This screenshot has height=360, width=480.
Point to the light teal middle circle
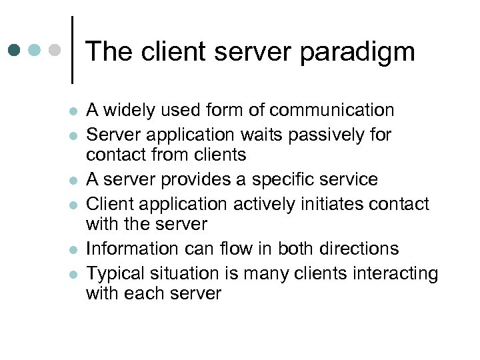[35, 50]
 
